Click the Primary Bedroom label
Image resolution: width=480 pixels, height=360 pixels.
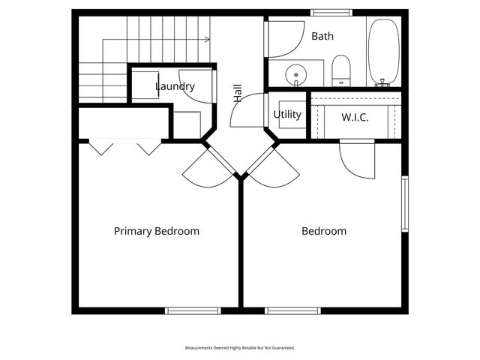tap(157, 231)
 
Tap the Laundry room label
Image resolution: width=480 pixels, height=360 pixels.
tap(175, 86)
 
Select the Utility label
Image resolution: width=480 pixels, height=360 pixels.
tap(287, 115)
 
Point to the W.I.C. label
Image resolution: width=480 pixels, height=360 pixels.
tap(355, 118)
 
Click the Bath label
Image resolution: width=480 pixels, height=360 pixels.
tap(322, 36)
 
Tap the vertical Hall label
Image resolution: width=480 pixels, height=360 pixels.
tap(238, 94)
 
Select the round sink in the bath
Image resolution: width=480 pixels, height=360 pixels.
tap(297, 74)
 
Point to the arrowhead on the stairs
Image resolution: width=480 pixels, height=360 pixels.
tap(206, 39)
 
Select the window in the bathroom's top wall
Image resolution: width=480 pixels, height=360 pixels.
tap(331, 12)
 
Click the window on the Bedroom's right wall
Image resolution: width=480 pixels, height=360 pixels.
tap(405, 204)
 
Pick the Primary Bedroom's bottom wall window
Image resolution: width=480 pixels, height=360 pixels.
tap(193, 310)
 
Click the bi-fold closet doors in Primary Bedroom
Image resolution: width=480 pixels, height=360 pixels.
tap(125, 146)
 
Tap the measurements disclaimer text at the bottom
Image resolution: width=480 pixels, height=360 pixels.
tap(240, 348)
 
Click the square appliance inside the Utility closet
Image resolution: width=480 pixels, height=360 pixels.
tap(292, 115)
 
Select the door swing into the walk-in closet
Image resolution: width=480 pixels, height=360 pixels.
tap(358, 160)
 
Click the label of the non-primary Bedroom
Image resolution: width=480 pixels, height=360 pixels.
tap(324, 231)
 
